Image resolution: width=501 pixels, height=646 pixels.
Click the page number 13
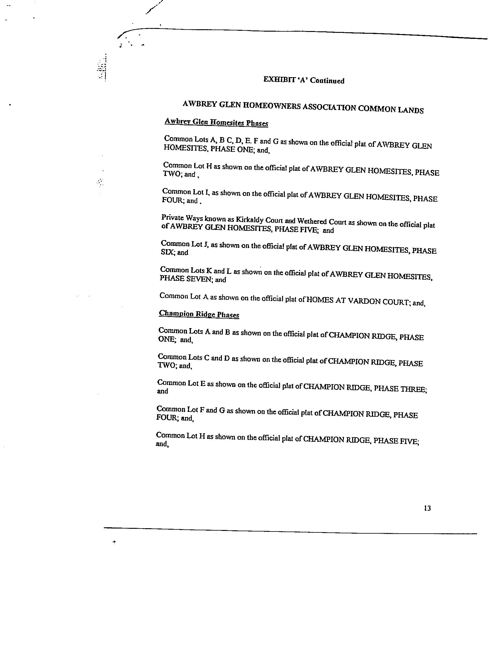click(427, 508)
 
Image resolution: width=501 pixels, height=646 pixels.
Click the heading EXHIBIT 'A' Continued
click(304, 80)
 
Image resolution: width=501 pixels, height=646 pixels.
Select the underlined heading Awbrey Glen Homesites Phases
click(216, 123)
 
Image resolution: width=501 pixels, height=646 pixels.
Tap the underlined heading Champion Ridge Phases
click(199, 314)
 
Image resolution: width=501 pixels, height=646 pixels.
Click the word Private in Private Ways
click(171, 217)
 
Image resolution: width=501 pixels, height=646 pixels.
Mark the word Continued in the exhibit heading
click(327, 81)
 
